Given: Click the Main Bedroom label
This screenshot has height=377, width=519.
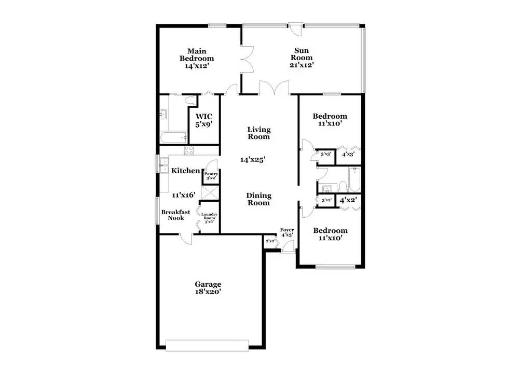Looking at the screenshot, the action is click(197, 55).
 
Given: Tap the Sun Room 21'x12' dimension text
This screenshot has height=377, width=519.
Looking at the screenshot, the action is click(302, 65).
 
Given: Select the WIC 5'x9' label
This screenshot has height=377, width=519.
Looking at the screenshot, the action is click(203, 120).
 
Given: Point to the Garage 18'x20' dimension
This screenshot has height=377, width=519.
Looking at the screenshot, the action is click(208, 291).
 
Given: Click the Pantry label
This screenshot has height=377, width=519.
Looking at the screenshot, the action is click(211, 174).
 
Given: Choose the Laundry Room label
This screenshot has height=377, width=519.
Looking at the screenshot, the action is click(209, 216).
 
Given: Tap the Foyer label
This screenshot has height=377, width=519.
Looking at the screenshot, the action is click(287, 230).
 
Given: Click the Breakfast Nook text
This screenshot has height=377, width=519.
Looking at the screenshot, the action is click(176, 215).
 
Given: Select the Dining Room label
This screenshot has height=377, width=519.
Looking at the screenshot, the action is click(259, 199).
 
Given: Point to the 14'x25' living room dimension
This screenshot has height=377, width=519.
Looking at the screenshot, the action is click(253, 160).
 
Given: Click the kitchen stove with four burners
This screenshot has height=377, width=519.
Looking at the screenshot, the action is click(189, 150).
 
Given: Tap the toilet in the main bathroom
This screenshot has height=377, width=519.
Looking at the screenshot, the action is click(190, 100).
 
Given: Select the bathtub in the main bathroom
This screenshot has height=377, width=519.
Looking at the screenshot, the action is click(174, 137).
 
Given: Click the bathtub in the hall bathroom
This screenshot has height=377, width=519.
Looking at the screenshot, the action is click(354, 179).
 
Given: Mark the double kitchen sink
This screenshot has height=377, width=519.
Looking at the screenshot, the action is click(164, 165).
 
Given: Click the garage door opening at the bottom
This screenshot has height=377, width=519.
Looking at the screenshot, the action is click(207, 345).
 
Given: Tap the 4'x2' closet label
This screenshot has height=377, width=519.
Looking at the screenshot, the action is click(348, 200).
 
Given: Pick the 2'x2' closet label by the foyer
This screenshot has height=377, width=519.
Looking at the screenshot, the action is click(270, 241).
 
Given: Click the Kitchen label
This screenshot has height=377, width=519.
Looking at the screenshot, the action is click(185, 171).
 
